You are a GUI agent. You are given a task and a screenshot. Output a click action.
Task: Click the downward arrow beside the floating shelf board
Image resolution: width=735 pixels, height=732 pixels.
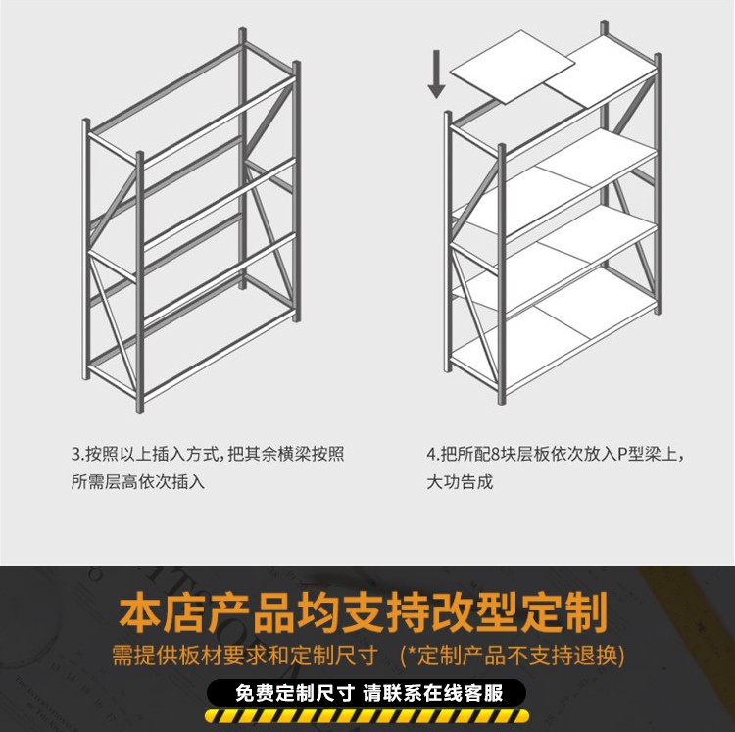tap(436, 74)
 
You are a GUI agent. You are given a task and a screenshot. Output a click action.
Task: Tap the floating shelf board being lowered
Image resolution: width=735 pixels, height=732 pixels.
tap(513, 67)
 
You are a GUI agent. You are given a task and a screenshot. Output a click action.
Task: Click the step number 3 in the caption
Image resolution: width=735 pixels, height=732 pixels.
tap(75, 454)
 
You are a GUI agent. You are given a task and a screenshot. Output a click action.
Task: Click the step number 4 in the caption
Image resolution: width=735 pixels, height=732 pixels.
tap(431, 454)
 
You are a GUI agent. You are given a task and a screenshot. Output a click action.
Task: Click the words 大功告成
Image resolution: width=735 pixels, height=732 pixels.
tap(460, 482)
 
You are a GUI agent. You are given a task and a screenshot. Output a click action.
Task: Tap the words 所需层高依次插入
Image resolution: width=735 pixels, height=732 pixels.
tap(138, 482)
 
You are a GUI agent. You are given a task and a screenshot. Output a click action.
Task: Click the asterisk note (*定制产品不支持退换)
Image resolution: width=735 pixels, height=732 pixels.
tap(513, 656)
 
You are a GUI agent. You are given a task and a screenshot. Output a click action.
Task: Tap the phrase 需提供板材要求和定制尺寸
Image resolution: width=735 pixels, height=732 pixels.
tap(245, 656)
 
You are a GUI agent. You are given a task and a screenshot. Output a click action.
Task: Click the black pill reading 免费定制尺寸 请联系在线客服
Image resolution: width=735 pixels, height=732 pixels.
tap(367, 693)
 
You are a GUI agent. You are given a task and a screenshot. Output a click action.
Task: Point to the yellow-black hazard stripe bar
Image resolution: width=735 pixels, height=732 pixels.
tap(367, 716)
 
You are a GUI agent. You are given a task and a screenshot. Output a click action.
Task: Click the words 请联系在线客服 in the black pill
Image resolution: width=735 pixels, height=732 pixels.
tap(433, 693)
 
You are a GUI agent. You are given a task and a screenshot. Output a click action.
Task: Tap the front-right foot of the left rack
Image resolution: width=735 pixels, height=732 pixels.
tap(140, 408)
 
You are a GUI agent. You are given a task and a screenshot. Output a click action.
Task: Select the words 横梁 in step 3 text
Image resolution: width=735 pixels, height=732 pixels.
tap(295, 454)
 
